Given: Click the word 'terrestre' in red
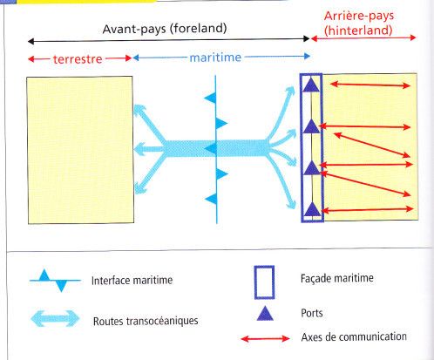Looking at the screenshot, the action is point(78,59).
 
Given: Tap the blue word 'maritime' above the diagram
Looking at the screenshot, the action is point(215,58).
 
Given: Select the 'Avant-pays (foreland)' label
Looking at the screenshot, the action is point(165,29).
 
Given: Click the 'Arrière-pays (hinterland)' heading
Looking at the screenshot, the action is point(359,24).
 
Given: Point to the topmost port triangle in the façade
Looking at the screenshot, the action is point(311,85).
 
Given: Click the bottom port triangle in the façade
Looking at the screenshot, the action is point(312,209).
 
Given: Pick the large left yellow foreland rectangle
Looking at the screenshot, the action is point(80,150).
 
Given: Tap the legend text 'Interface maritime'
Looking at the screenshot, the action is point(132,281).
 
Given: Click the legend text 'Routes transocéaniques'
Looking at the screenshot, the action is point(146,321).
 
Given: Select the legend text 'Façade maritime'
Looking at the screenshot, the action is point(337,278).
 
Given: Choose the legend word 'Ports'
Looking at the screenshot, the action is point(312,313).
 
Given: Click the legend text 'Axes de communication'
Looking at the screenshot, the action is point(354,337).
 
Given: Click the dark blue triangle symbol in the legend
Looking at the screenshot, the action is point(265,315).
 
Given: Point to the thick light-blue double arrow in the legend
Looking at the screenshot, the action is point(55,319).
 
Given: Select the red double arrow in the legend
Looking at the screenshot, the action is point(265,338).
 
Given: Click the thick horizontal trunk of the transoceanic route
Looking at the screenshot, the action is point(216,148).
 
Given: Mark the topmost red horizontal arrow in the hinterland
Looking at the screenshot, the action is point(370,85).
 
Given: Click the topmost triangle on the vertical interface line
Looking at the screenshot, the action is point(211,98).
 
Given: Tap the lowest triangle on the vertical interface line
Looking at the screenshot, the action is point(212,199).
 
